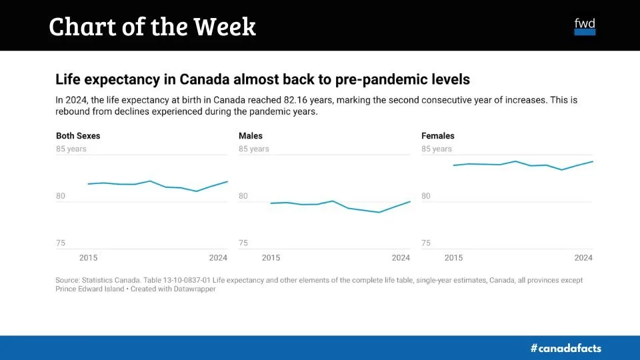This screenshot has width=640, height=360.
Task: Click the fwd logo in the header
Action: point(585,26)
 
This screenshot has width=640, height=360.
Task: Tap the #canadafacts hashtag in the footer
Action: point(565,348)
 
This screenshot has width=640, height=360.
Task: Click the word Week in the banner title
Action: point(225,27)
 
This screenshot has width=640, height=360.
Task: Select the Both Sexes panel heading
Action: point(78,136)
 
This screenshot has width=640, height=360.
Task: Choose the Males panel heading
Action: point(251,136)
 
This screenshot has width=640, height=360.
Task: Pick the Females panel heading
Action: point(438,136)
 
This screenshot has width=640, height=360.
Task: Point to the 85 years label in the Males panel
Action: point(254,149)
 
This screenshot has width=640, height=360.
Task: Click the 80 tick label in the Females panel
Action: point(426,196)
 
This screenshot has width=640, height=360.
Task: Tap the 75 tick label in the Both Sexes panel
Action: point(61,243)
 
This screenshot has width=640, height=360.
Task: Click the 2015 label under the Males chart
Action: point(271,258)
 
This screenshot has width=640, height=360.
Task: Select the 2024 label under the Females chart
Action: point(583,258)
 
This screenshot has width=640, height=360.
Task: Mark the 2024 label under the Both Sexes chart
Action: point(218,258)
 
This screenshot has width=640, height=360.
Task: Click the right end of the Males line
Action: point(410,201)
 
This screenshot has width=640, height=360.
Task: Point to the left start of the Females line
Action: point(454,165)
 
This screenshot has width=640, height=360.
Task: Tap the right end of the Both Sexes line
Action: point(227,181)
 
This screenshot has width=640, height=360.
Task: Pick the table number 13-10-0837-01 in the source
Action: point(191,281)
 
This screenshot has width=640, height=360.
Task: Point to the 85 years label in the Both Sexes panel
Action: point(71,149)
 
